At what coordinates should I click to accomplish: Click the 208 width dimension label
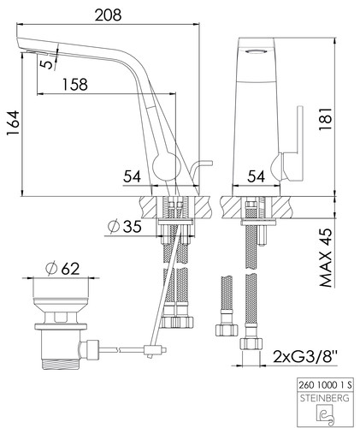pos(108,15)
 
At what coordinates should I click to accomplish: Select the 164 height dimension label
pos(14,123)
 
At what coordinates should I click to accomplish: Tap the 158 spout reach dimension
pos(75,84)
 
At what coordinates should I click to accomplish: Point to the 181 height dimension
pos(325,119)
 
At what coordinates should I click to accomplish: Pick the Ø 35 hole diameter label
pos(125,227)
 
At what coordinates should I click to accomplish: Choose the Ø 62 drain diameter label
pos(62,269)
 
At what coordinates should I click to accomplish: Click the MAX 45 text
pos(326,258)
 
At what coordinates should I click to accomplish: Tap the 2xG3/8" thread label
pos(305,356)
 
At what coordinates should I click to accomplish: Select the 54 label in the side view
pos(132,176)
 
